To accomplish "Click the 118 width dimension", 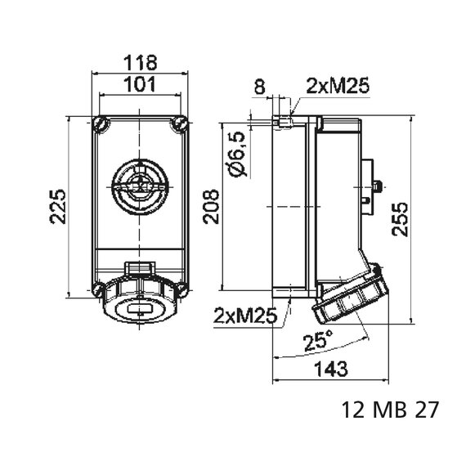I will pos(140,63).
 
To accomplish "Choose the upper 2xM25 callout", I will pos(335,84).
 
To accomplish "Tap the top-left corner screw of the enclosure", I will pos(101,124).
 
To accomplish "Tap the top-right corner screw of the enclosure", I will pos(180,124).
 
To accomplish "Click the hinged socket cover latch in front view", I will pos(140,267).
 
